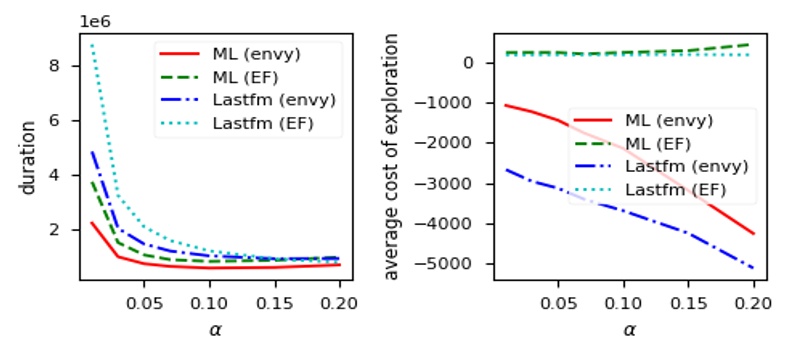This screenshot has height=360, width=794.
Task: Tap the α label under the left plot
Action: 214,329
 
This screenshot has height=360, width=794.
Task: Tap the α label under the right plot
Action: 628,329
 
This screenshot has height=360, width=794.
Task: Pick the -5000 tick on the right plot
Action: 459,264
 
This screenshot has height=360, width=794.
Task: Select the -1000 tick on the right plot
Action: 459,103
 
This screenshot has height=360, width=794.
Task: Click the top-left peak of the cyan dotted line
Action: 91,44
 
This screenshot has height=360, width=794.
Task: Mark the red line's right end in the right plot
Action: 753,234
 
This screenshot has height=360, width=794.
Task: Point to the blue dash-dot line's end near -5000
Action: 753,268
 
